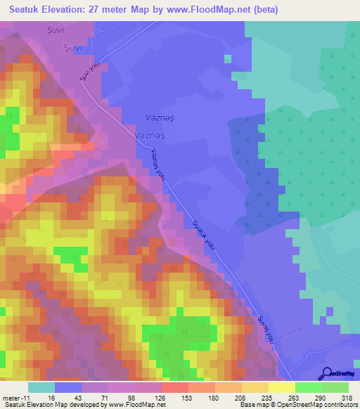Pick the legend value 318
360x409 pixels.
pyautogui.click(x=346, y=397)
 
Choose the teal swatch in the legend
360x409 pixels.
pyautogui.click(x=41, y=387)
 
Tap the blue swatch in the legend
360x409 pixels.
pyautogui.click(x=68, y=387)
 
